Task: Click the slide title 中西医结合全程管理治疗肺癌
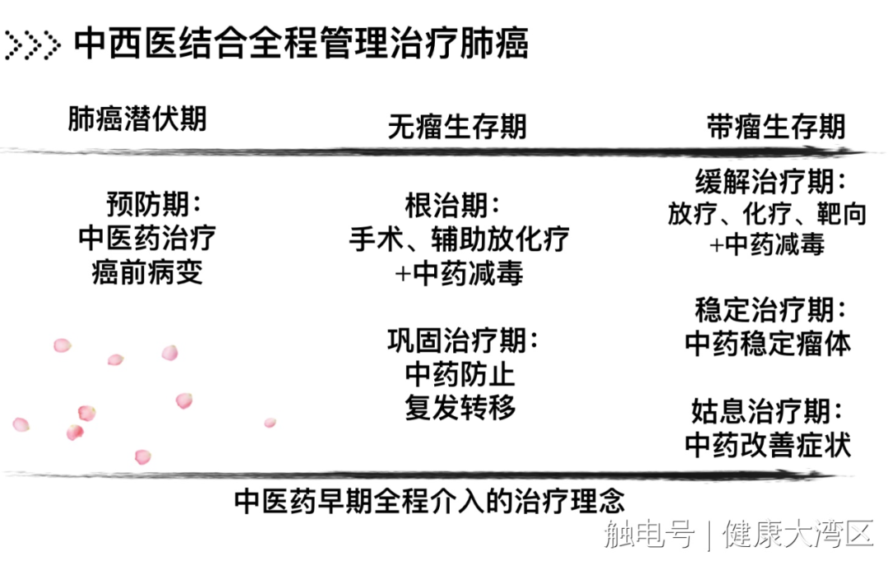(x=301, y=44)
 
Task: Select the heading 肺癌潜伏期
(x=137, y=119)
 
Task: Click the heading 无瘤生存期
(x=457, y=127)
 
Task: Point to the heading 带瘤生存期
(x=776, y=127)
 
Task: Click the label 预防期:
(x=154, y=202)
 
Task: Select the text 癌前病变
(x=147, y=272)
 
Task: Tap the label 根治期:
(x=452, y=204)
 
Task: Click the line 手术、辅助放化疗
(x=459, y=239)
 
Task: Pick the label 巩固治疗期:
(x=463, y=340)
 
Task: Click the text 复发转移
(x=460, y=409)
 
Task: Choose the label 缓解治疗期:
(x=770, y=181)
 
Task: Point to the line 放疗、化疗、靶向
(x=767, y=214)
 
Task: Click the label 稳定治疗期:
(x=770, y=311)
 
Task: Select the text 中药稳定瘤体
(x=767, y=344)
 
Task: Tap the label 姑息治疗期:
(x=770, y=411)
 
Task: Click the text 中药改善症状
(x=767, y=444)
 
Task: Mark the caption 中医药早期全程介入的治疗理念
(x=430, y=500)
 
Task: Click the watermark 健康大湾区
(x=798, y=535)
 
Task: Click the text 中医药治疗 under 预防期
(x=148, y=238)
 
